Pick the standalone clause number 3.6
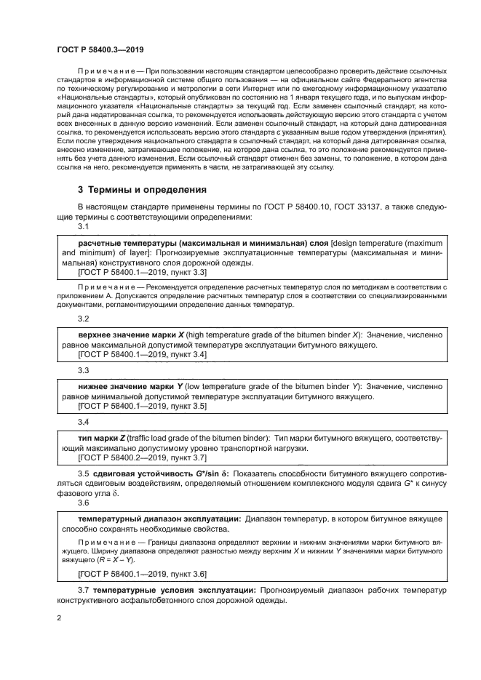(84, 503)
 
